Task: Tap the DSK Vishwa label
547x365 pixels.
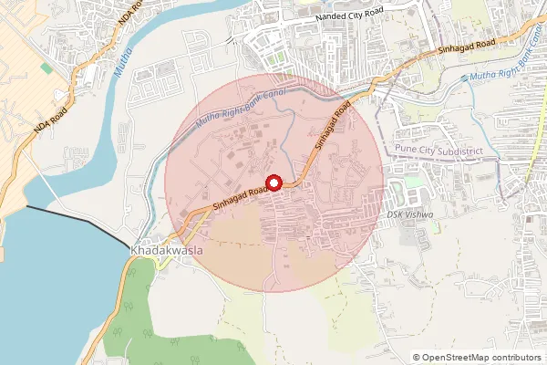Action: coord(406,214)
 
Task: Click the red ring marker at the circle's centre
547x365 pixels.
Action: coord(273,182)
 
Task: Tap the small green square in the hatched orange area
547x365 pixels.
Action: coord(46,68)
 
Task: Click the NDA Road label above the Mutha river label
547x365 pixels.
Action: coord(125,22)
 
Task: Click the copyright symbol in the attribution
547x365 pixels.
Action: coord(417,357)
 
